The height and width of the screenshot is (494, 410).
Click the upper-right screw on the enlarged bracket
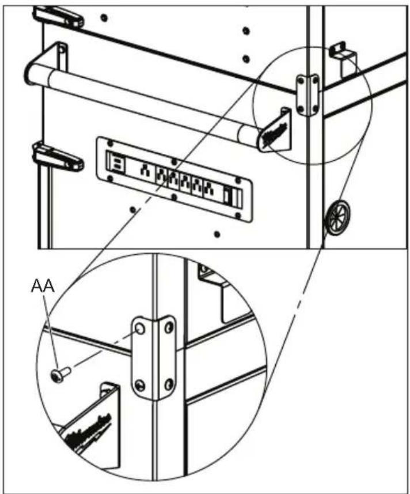point(168,328)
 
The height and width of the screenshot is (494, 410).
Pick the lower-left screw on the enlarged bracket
point(140,384)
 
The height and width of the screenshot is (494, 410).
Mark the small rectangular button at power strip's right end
point(230,197)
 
